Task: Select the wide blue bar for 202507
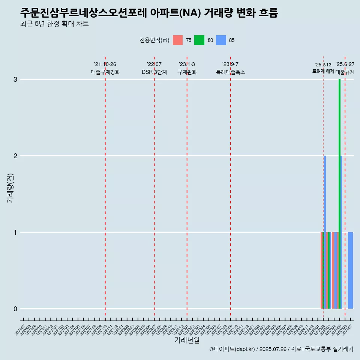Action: click(350, 270)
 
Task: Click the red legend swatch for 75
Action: click(178, 40)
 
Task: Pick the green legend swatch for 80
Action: click(199, 40)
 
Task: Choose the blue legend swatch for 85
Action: click(221, 40)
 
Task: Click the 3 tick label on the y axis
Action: click(15, 79)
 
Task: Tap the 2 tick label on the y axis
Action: click(15, 156)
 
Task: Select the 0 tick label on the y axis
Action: click(15, 309)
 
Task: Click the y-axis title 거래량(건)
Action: click(10, 188)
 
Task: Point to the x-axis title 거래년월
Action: click(187, 340)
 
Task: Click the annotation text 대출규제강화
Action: click(105, 72)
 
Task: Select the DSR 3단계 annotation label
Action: click(154, 72)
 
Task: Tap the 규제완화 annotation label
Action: click(187, 72)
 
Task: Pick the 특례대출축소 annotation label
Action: click(230, 72)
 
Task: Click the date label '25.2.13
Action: click(323, 65)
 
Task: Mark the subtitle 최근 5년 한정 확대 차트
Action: click(55, 24)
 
